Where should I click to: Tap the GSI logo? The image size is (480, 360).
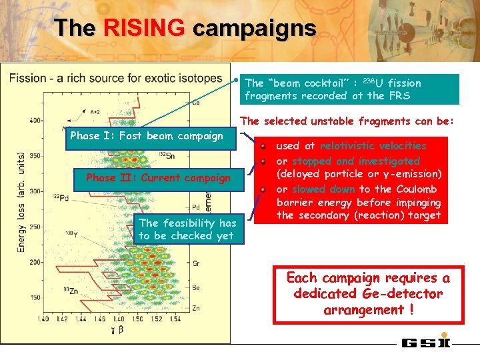click(x=426, y=343)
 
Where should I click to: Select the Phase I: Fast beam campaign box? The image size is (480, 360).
click(x=147, y=136)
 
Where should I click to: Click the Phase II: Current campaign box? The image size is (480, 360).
click(x=158, y=178)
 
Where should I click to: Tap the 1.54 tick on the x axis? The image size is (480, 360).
click(x=175, y=319)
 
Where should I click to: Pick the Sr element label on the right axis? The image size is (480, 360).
click(x=195, y=264)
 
